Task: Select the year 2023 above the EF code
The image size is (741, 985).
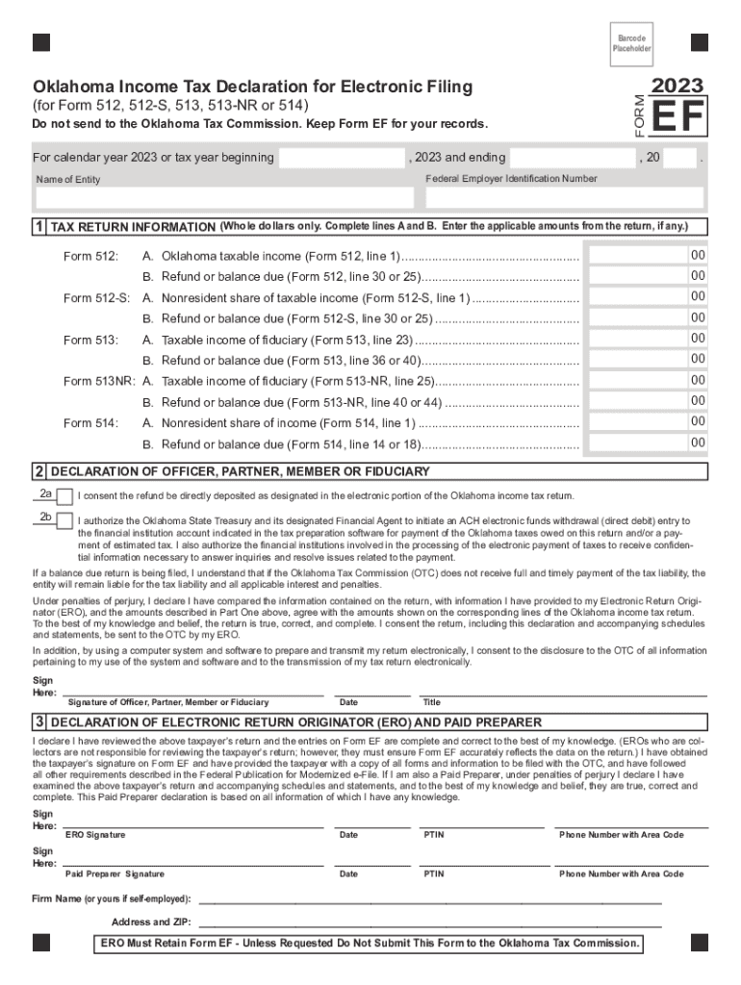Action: coord(677,86)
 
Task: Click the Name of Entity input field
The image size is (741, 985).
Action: coord(224,198)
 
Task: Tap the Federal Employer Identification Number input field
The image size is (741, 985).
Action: coord(564,198)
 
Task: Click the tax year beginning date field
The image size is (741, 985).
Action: coord(341,158)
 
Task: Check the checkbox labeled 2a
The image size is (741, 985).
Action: coord(64,497)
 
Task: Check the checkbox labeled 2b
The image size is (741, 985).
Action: coord(64,521)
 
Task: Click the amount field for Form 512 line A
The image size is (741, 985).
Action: coord(636,256)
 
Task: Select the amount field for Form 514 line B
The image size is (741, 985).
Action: coord(636,443)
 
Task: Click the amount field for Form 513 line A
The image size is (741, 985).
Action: coord(636,340)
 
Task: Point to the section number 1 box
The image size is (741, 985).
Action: coord(38,227)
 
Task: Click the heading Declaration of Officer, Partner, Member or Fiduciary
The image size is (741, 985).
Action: coord(240,471)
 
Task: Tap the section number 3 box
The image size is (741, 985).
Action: coord(38,722)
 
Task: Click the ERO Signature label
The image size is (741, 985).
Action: coord(94,835)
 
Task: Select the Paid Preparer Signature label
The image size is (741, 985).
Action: coord(115,874)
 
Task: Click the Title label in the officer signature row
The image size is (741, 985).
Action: coord(431,702)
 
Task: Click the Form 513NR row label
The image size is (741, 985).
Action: coord(98,381)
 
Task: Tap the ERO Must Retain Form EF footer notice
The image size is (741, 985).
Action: coord(370,944)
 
